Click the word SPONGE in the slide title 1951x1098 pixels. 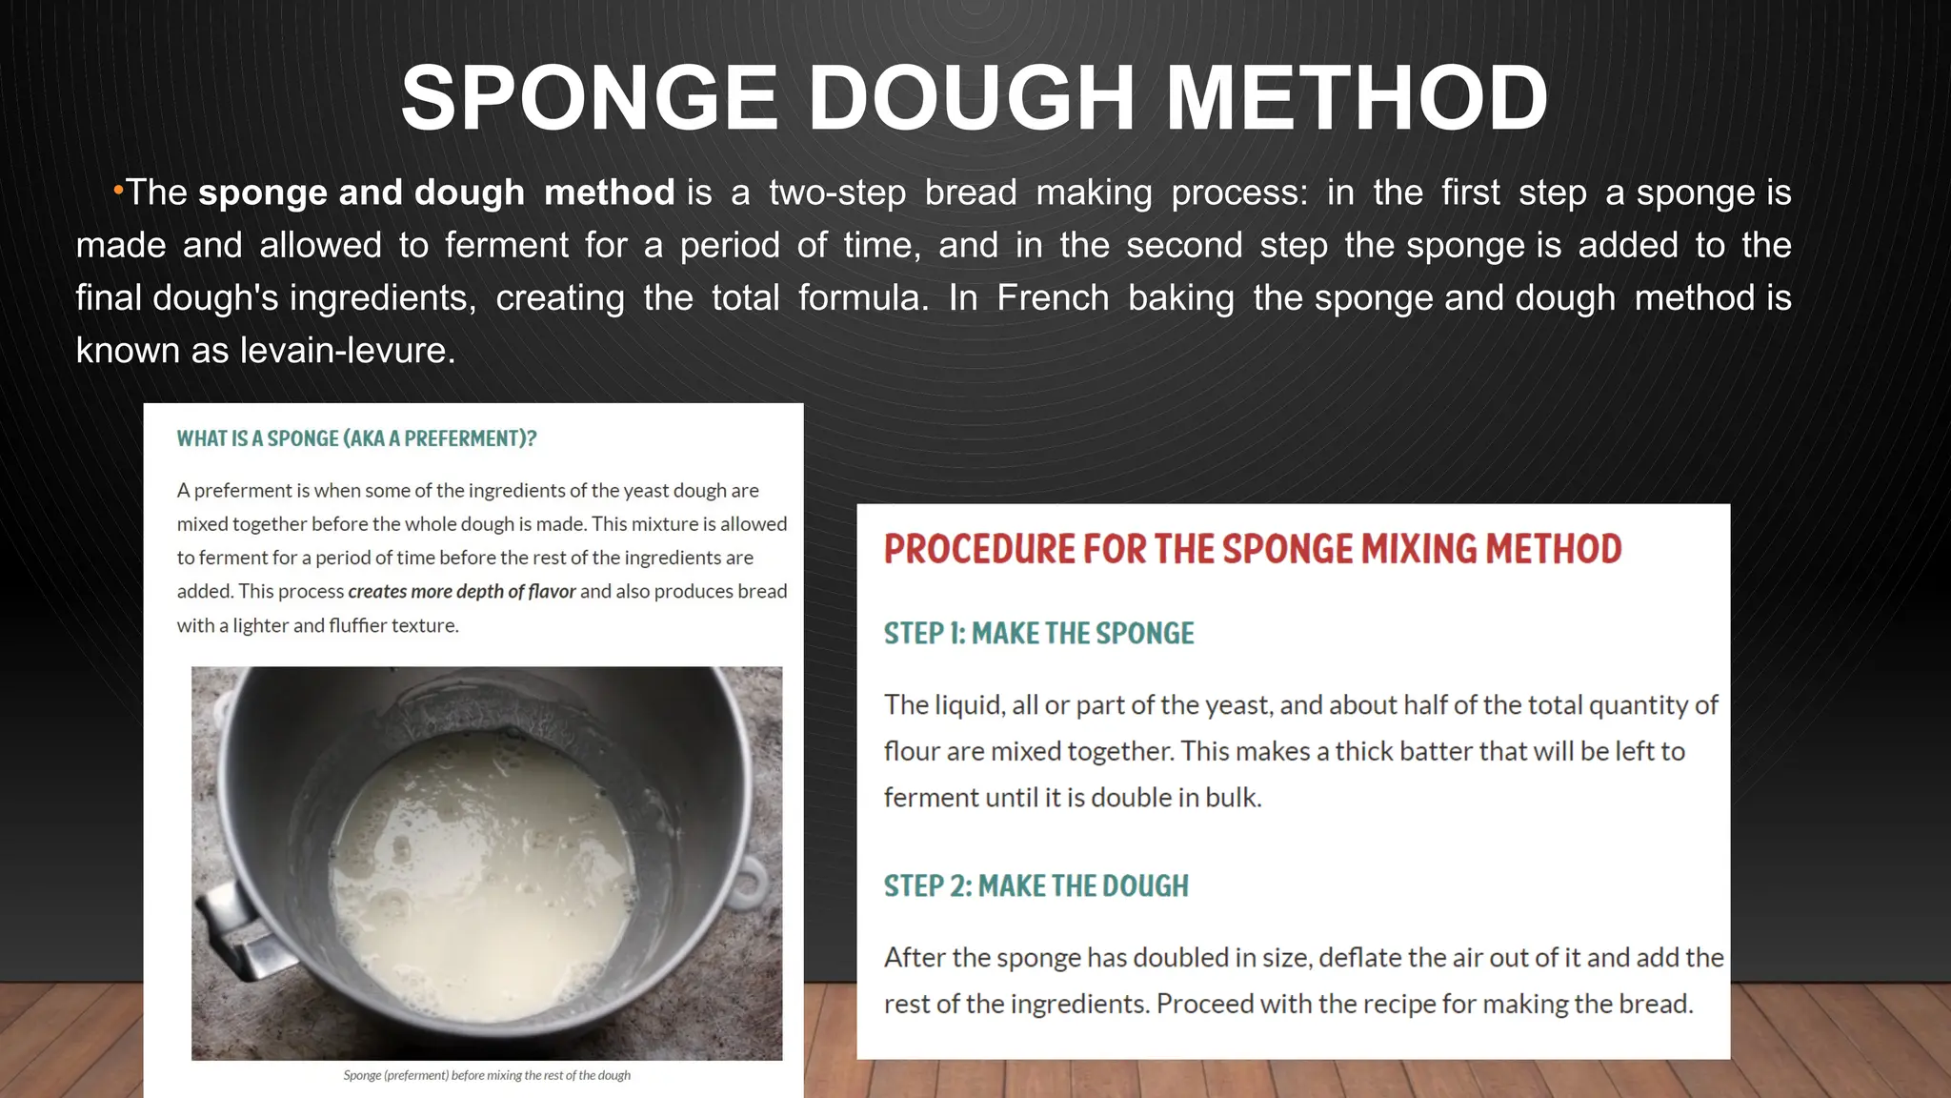589,98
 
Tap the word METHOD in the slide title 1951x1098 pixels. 1357,98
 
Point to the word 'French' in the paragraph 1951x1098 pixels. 1053,298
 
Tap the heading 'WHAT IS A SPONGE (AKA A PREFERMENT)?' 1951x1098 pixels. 356,438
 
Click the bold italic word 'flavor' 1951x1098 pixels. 552,591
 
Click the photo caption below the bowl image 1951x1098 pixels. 487,1075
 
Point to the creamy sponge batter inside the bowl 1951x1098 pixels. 486,877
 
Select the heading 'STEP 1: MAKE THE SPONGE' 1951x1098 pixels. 1038,634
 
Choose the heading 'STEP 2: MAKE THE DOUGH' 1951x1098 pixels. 1036,886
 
